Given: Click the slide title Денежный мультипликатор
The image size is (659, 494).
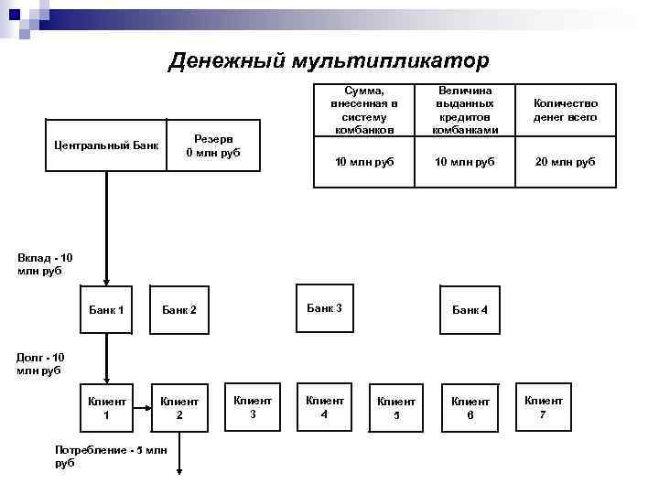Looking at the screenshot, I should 329,60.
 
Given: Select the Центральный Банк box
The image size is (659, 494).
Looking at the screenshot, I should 107,145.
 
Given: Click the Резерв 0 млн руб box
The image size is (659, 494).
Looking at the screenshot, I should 212,145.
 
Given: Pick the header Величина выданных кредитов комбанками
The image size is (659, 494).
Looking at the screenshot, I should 465,111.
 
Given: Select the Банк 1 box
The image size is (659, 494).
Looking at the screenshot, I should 107,309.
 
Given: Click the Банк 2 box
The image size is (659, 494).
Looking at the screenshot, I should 179,310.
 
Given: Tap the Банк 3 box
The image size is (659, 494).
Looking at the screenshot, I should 324,308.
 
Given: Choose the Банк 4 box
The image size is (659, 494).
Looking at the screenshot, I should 470,310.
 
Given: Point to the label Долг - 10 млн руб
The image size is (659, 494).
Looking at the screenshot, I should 41,363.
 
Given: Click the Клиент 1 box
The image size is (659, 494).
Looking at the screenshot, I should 107,407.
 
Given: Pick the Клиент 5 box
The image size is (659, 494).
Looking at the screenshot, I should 396,407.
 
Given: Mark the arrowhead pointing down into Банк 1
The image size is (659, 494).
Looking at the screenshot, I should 107,282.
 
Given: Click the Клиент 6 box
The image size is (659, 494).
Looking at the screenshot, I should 470,407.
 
